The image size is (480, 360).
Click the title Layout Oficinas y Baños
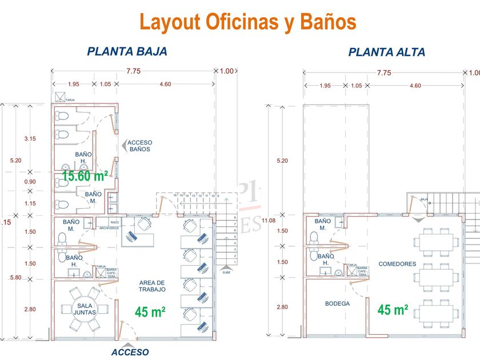tap(248, 22)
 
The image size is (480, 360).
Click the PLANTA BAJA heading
tap(127, 51)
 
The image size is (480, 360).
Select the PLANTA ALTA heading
tap(387, 53)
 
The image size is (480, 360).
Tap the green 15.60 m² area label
tap(85, 176)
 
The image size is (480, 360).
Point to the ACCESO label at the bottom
tap(130, 352)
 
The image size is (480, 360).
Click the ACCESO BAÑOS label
tap(139, 146)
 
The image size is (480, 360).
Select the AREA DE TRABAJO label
tap(151, 286)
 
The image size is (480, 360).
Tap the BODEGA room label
tap(337, 303)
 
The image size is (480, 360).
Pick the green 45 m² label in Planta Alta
tap(393, 310)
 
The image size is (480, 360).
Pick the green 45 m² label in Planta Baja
tap(150, 312)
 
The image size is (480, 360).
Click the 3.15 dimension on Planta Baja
tap(30, 139)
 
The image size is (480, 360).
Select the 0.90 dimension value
tap(30, 182)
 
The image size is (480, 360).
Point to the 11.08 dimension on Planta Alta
tap(284, 220)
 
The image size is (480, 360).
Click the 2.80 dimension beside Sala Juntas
tap(30, 309)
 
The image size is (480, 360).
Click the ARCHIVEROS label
tap(109, 228)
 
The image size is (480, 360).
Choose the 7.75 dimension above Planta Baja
tap(133, 72)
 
